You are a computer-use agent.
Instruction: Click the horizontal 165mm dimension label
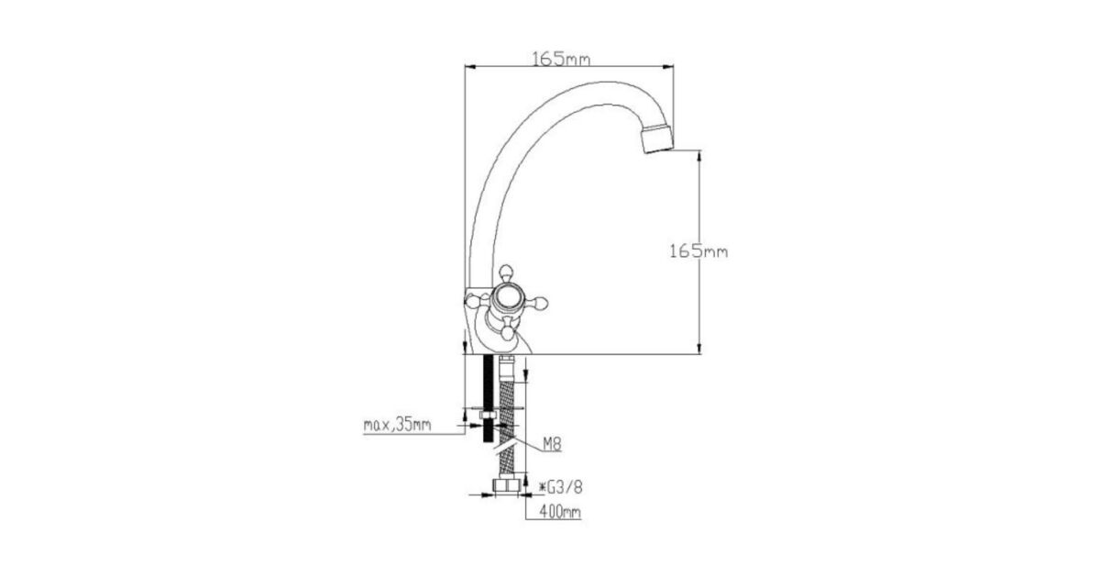coord(561,59)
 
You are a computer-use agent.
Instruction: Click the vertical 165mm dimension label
coord(698,251)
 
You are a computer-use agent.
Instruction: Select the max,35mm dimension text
coord(397,425)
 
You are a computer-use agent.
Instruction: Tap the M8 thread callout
coord(552,444)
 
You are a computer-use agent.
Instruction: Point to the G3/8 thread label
coord(561,487)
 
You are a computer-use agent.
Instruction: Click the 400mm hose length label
coord(560,512)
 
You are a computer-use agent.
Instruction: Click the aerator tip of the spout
coord(657,139)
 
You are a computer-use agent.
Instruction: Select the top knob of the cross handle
coord(506,272)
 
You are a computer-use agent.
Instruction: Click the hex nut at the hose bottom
coord(506,484)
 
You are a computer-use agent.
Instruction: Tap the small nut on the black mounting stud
coord(488,417)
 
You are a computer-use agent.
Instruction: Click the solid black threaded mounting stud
coord(488,399)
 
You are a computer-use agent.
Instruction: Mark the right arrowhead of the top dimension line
coord(668,66)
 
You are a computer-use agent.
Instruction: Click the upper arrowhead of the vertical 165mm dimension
coord(699,155)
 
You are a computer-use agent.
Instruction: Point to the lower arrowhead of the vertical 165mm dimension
coord(699,348)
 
